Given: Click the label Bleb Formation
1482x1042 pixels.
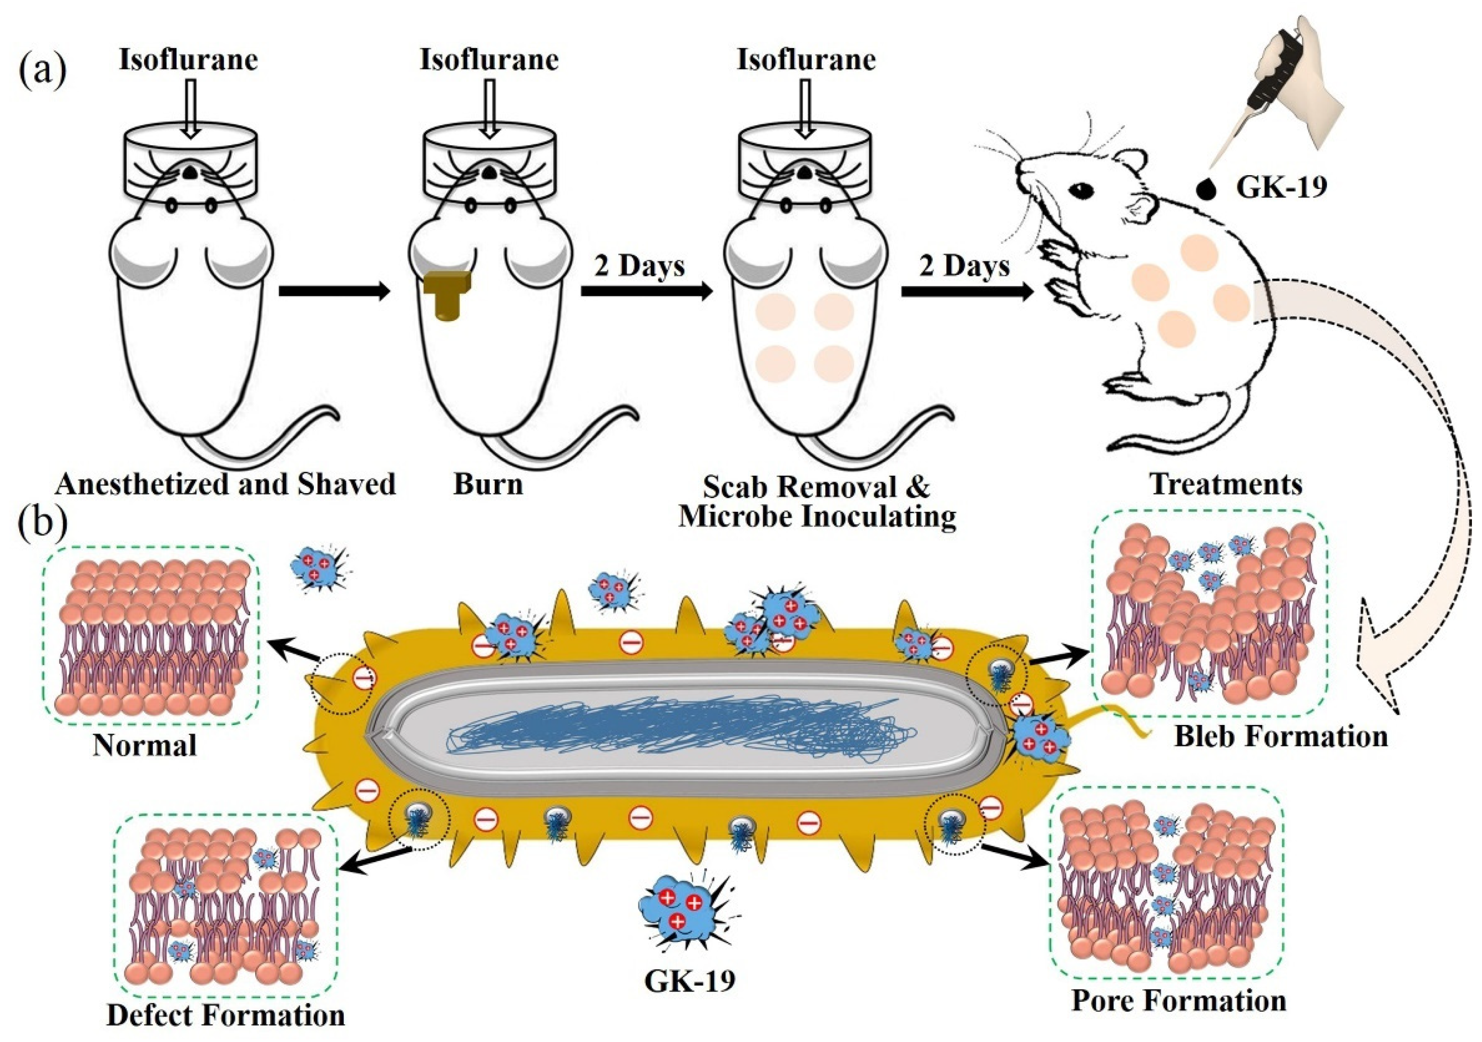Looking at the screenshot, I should click(1281, 736).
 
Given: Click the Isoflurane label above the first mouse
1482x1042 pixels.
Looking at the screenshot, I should click(188, 60).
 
